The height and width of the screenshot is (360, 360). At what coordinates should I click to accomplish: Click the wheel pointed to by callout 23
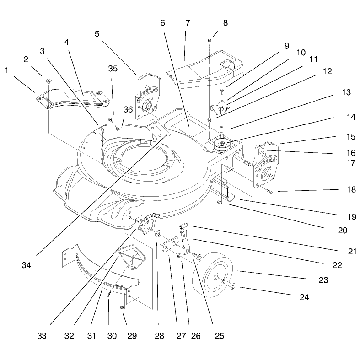[x=212, y=275]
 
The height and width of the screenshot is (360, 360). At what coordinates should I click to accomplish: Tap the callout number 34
[x=26, y=265]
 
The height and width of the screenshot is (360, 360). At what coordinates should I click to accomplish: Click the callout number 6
[x=162, y=23]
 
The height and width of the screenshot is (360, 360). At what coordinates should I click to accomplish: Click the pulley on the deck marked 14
[x=222, y=144]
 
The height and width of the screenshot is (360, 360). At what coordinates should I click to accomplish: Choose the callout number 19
[x=352, y=216]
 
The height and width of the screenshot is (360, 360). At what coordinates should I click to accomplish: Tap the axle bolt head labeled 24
[x=233, y=285]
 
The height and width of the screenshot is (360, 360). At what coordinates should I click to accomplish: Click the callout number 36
[x=128, y=109]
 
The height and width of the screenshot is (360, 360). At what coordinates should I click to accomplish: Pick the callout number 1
[x=7, y=70]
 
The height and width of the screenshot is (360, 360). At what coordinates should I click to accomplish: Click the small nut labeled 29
[x=122, y=307]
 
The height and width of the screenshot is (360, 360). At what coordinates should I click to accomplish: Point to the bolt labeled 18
[x=269, y=192]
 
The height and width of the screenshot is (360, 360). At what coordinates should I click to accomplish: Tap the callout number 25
[x=219, y=336]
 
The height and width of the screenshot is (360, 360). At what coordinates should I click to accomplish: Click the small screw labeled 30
[x=108, y=294]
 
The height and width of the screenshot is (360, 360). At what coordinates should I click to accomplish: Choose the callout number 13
[x=346, y=92]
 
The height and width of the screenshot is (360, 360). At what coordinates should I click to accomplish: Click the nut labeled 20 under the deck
[x=219, y=202]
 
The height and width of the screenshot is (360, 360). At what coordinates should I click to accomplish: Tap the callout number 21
[x=352, y=252]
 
